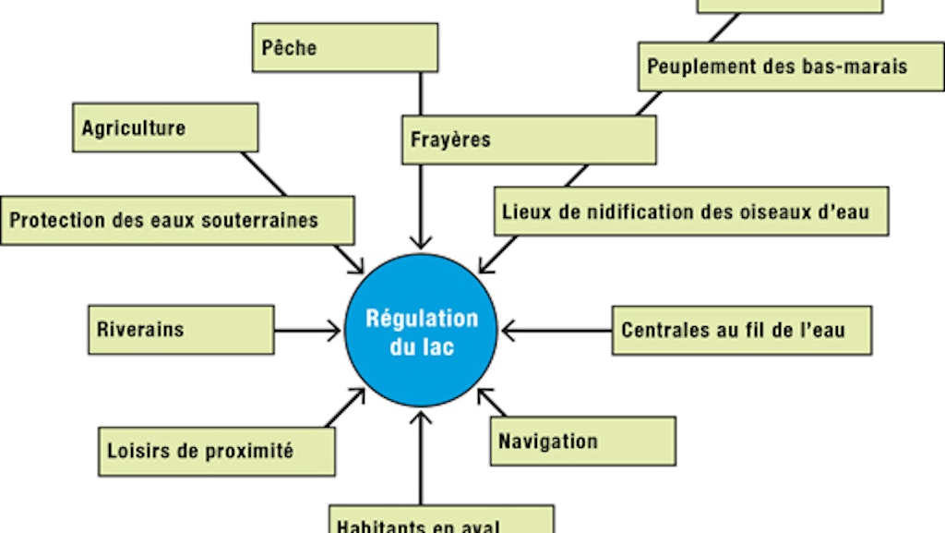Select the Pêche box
coord(344,47)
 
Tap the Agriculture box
coord(165,127)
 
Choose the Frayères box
coord(529,139)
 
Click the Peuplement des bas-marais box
coord(791,67)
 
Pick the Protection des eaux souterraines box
coord(177,220)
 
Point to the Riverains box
coord(181,330)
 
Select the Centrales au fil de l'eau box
coord(741,330)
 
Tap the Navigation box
coord(582,441)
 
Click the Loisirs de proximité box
coord(217,451)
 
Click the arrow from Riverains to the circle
coord(307,330)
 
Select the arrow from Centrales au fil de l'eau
coord(556,330)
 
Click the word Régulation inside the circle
coord(422,319)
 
